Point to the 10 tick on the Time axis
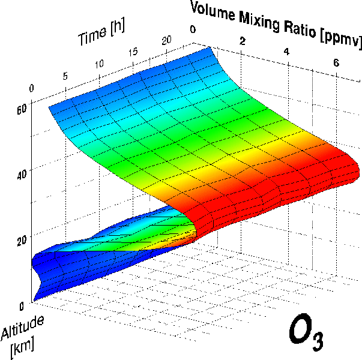[x=98, y=64]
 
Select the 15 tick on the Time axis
[x=133, y=52]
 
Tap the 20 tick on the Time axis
[x=167, y=40]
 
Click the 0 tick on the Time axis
[x=31, y=88]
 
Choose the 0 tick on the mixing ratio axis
[x=193, y=28]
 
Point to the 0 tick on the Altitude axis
[x=22, y=304]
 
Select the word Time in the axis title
[x=93, y=37]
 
